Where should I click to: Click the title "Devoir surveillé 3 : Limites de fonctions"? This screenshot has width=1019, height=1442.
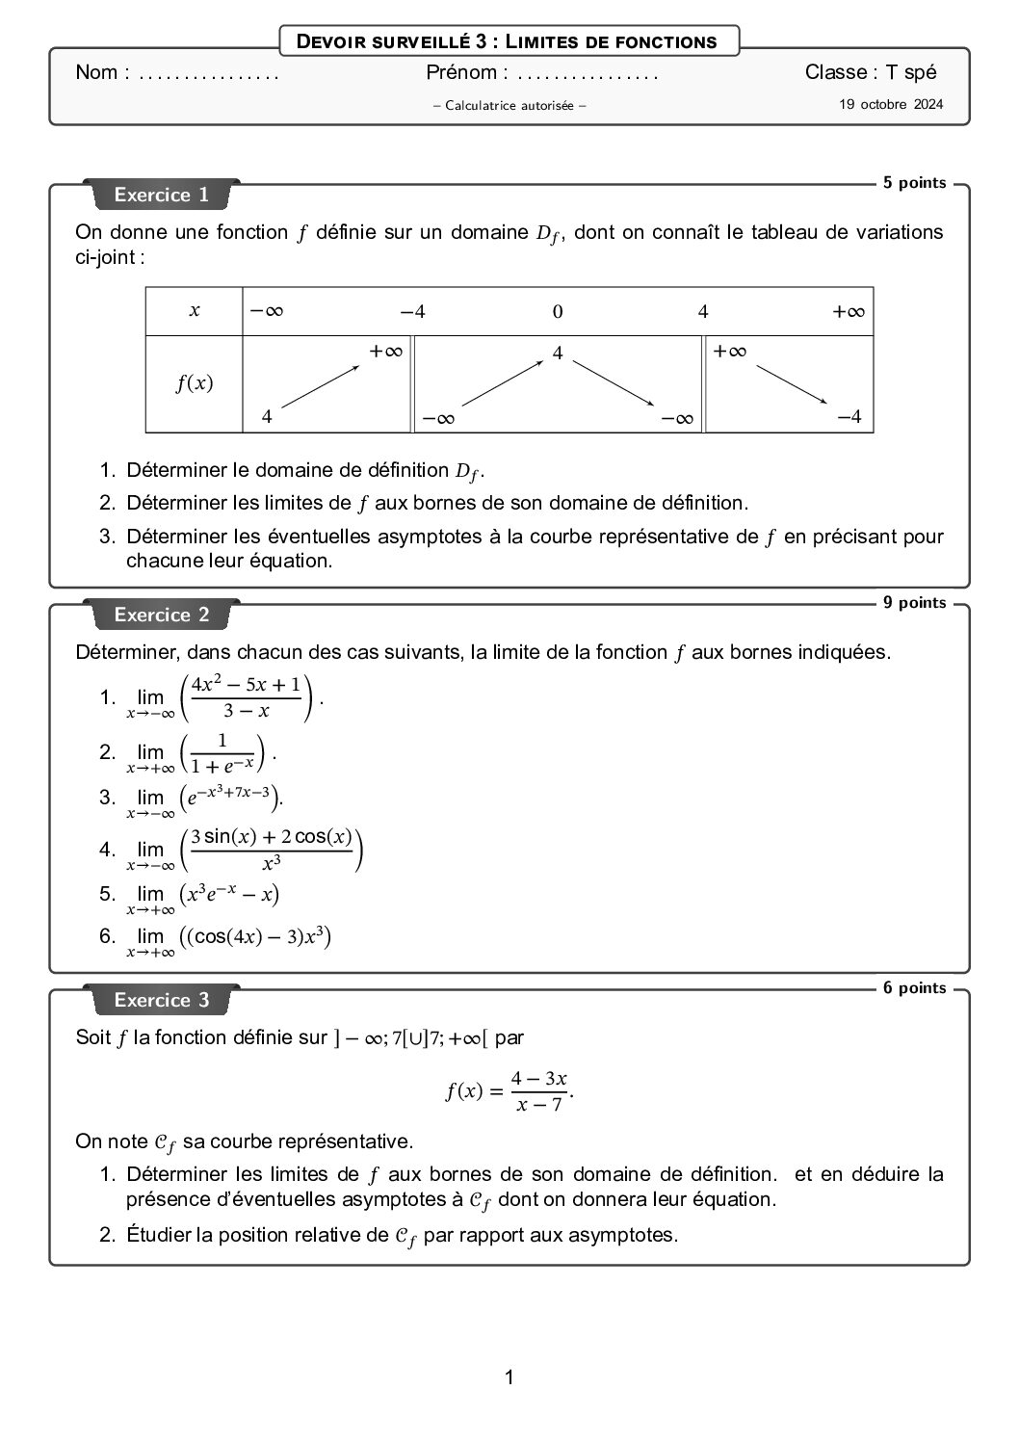[x=509, y=41]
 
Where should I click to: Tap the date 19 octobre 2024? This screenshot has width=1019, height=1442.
[x=891, y=104]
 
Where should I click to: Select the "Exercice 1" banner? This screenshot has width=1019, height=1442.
[x=162, y=196]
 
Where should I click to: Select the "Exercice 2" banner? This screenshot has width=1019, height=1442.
[x=162, y=616]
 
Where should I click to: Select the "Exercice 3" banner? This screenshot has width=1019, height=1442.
[x=162, y=1001]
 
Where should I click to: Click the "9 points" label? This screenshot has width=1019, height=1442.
[x=914, y=603]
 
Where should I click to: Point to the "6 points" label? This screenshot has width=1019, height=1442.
[x=914, y=988]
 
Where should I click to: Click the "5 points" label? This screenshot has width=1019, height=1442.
[x=914, y=183]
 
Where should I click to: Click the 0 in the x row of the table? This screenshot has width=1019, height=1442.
[x=558, y=312]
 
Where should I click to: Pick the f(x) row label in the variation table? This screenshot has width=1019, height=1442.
[x=195, y=383]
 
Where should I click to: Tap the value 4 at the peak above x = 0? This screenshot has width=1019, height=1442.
[x=558, y=354]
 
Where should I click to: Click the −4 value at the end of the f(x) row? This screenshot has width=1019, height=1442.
[x=849, y=417]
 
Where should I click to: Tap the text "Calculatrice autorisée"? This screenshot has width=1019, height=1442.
[x=509, y=106]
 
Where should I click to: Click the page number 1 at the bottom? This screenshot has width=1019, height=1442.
[x=509, y=1377]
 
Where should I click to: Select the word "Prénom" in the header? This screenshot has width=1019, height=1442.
[x=461, y=72]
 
